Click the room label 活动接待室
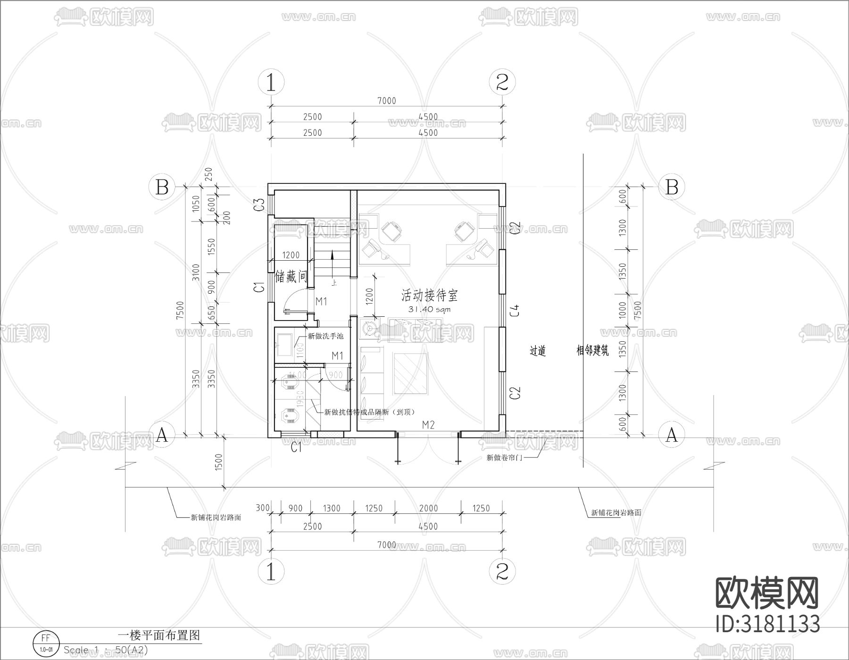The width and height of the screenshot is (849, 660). [x=429, y=296]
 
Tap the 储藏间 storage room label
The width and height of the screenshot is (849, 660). [x=291, y=277]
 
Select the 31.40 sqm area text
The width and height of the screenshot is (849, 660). [x=429, y=310]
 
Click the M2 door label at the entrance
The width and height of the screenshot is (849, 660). [x=428, y=425]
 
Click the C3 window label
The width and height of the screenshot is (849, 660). [x=258, y=205]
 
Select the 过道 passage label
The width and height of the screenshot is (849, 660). [x=538, y=351]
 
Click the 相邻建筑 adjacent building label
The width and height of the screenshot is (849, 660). [x=592, y=351]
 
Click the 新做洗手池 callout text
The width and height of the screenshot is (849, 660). [x=325, y=336]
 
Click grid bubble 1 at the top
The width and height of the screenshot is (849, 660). [x=271, y=83]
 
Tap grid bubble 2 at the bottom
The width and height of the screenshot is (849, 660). [x=502, y=572]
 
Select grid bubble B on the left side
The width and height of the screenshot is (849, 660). [x=162, y=187]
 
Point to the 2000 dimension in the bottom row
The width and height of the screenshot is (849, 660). [x=428, y=508]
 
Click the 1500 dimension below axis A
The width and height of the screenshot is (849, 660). [x=218, y=462]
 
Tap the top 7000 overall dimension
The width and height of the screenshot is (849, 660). [x=387, y=100]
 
